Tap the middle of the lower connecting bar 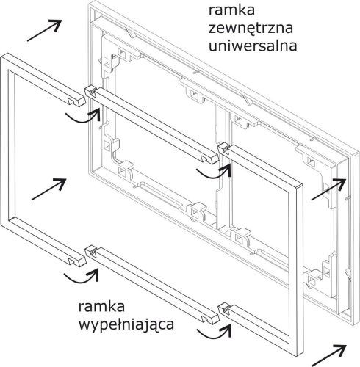pyautogui.click(x=154, y=283)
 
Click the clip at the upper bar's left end pyautogui.click(x=90, y=91)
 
